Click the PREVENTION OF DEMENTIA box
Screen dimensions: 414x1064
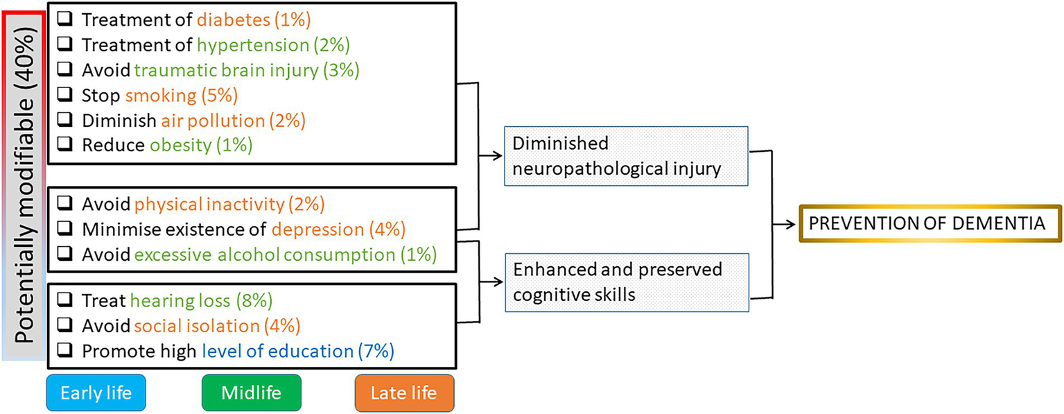[x=930, y=223]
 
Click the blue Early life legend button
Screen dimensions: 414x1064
[x=96, y=393]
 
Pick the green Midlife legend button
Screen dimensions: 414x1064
[x=252, y=393]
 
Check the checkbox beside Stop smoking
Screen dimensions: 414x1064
[x=64, y=96]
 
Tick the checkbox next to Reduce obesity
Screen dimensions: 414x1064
[x=64, y=145]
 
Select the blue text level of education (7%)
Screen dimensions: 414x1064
[x=298, y=351]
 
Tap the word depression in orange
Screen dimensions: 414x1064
[x=317, y=230]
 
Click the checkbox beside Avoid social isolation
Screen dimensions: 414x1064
[x=64, y=326]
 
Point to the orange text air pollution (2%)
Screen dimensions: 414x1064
[x=233, y=120]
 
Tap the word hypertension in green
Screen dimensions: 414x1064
[x=252, y=45]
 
